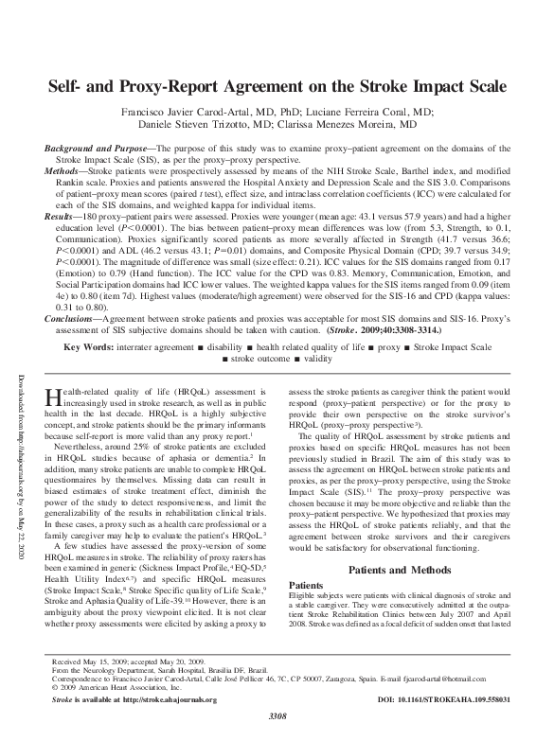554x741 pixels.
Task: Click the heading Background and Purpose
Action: tap(98, 150)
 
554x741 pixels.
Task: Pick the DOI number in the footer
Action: tap(445, 699)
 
